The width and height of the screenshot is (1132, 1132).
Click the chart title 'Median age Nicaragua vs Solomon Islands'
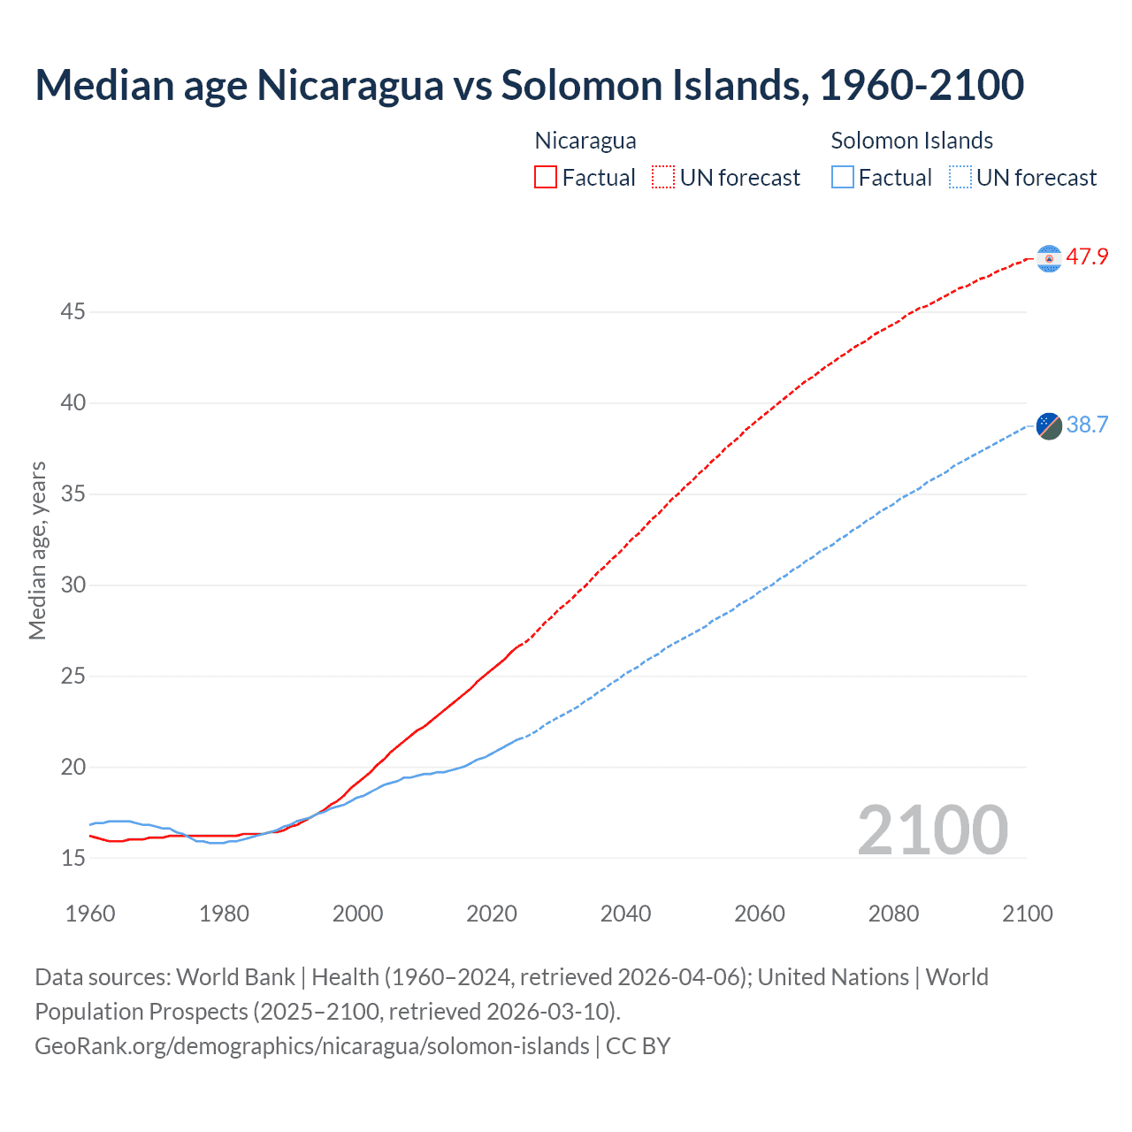coord(529,85)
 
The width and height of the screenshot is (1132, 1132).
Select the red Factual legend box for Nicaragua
coord(546,177)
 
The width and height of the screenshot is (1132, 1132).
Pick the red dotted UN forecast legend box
coord(663,177)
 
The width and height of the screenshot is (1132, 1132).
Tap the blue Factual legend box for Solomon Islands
coord(843,177)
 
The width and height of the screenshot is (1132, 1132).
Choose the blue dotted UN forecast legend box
coord(960,177)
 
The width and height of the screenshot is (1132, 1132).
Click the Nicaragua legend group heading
coord(585,141)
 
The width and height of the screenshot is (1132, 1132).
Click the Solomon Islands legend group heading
coord(912,141)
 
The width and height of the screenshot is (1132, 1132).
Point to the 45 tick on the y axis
coord(73,311)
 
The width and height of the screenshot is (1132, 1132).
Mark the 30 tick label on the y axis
coord(73,585)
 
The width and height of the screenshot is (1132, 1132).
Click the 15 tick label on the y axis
coord(73,858)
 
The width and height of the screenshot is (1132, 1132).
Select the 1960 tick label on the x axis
coord(90,914)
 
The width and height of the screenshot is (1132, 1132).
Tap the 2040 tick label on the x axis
coord(625,914)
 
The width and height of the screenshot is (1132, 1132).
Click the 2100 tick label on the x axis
coord(1027,914)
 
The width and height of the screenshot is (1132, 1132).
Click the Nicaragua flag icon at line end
coord(1049,258)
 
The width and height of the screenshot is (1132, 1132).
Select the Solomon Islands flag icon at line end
coord(1049,425)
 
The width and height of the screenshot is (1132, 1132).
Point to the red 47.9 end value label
coord(1087,257)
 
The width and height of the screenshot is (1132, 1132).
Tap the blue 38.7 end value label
coord(1087,425)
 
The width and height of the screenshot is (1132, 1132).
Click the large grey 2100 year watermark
coord(932,830)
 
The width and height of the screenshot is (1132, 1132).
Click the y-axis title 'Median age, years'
coord(37,550)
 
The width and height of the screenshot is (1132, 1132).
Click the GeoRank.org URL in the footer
coord(311,1046)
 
